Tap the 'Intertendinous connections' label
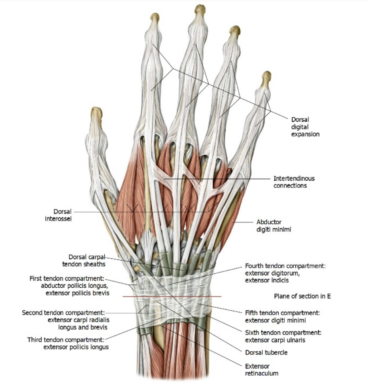pyautogui.click(x=294, y=182)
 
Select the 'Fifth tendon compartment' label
pyautogui.click(x=283, y=316)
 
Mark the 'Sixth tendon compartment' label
pyautogui.click(x=283, y=336)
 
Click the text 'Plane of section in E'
pyautogui.click(x=303, y=296)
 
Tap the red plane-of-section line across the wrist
pyautogui.click(x=171, y=296)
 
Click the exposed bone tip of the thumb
pyautogui.click(x=96, y=112)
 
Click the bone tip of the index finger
pyautogui.click(x=155, y=17)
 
